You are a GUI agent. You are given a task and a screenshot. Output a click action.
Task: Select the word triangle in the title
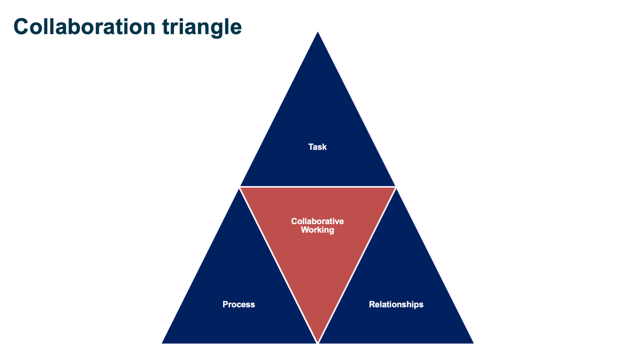click(202, 27)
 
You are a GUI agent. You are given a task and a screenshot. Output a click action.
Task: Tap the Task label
click(317, 147)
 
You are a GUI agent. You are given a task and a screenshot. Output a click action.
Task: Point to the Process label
click(239, 304)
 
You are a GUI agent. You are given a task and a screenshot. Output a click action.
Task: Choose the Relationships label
click(396, 304)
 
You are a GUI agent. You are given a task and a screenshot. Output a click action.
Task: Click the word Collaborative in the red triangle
click(317, 221)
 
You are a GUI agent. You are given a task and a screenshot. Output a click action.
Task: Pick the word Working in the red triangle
click(317, 230)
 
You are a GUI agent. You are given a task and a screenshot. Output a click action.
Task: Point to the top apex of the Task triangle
click(318, 33)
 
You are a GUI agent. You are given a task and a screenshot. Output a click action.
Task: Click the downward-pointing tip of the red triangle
click(318, 341)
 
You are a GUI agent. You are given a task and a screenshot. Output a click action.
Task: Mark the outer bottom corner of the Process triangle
click(163, 343)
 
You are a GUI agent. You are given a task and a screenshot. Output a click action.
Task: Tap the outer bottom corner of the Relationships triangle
click(472, 343)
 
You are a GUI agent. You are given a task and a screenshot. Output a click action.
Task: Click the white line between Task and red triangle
click(318, 187)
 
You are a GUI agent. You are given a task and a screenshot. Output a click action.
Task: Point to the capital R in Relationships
click(372, 304)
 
